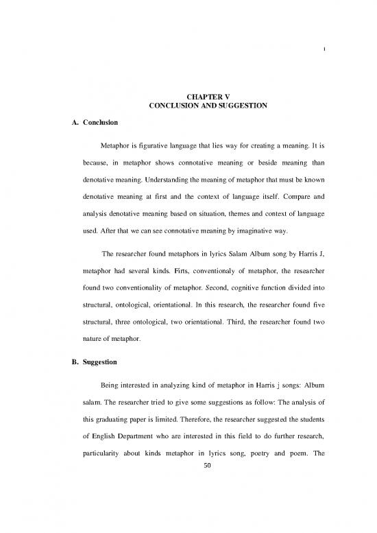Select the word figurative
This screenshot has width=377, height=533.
156,147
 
